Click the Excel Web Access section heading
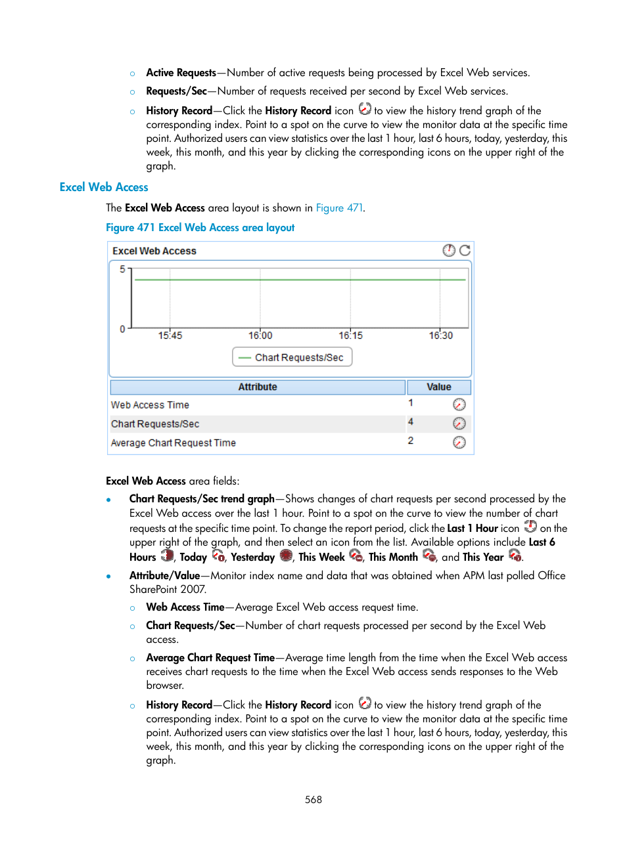tap(104, 187)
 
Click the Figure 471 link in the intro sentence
tap(339, 208)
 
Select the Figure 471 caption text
tap(200, 228)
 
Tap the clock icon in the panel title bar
tap(449, 250)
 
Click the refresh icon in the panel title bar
tap(465, 250)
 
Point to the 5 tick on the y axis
tap(122, 269)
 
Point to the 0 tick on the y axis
tap(122, 329)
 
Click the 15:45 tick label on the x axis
tap(170, 336)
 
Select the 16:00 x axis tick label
tap(260, 336)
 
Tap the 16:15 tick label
tap(350, 336)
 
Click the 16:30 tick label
tap(441, 336)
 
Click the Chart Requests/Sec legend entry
tap(292, 357)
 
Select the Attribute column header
tap(258, 387)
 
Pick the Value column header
tap(438, 387)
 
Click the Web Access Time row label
tap(150, 405)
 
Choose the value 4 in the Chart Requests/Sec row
tap(411, 422)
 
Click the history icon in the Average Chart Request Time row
tap(459, 443)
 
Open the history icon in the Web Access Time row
tap(459, 404)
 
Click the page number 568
tap(313, 800)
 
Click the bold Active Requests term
tap(181, 73)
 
